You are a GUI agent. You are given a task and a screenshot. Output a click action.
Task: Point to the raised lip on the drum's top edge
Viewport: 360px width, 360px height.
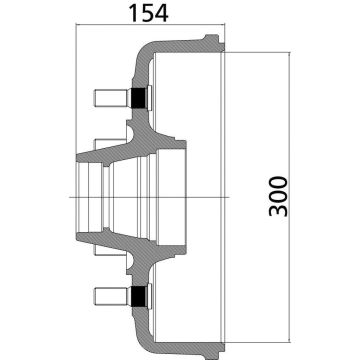pyautogui.click(x=209, y=39)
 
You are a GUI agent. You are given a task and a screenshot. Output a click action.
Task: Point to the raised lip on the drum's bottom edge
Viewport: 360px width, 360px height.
pyautogui.click(x=209, y=353)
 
